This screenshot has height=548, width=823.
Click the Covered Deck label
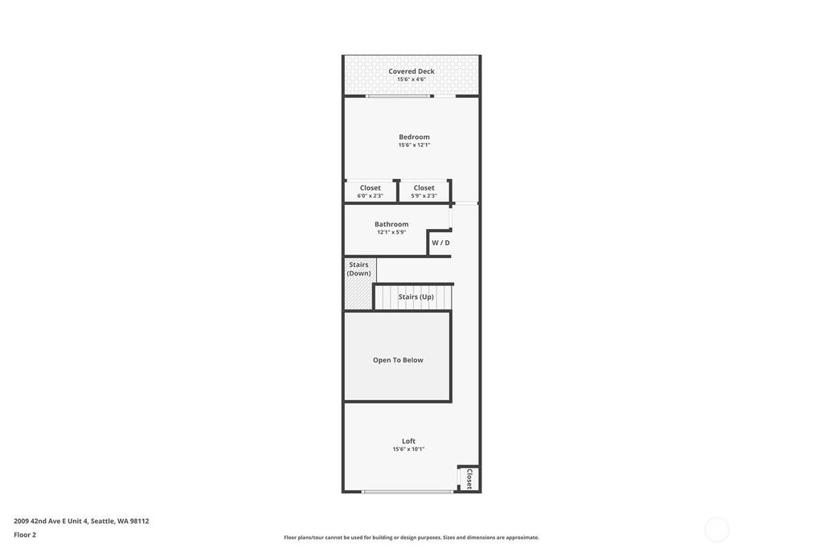pyautogui.click(x=411, y=72)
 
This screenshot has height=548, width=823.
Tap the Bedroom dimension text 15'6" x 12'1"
pyautogui.click(x=414, y=145)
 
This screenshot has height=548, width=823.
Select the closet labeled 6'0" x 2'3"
pyautogui.click(x=370, y=191)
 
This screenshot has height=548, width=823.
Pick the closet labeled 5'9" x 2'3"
pyautogui.click(x=424, y=191)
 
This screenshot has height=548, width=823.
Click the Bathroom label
pyautogui.click(x=391, y=224)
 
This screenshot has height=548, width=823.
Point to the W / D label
pyautogui.click(x=441, y=243)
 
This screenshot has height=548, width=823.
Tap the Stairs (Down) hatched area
pyautogui.click(x=359, y=284)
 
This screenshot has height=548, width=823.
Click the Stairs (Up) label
pyautogui.click(x=416, y=296)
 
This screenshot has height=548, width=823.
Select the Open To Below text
pyautogui.click(x=398, y=360)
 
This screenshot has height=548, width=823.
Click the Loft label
pyautogui.click(x=409, y=441)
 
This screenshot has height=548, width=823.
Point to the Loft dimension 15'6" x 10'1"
pyautogui.click(x=408, y=449)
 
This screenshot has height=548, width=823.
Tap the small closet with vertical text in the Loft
pyautogui.click(x=469, y=478)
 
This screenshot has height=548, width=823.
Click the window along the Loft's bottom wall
pyautogui.click(x=407, y=492)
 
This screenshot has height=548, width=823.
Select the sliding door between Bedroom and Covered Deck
pyautogui.click(x=399, y=96)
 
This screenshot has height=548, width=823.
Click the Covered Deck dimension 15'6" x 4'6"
pyautogui.click(x=411, y=80)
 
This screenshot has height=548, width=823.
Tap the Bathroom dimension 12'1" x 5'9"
pyautogui.click(x=391, y=232)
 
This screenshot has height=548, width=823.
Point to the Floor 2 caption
pyautogui.click(x=25, y=535)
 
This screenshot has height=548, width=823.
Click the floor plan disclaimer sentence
pyautogui.click(x=411, y=538)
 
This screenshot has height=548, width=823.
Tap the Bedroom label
pyautogui.click(x=414, y=137)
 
